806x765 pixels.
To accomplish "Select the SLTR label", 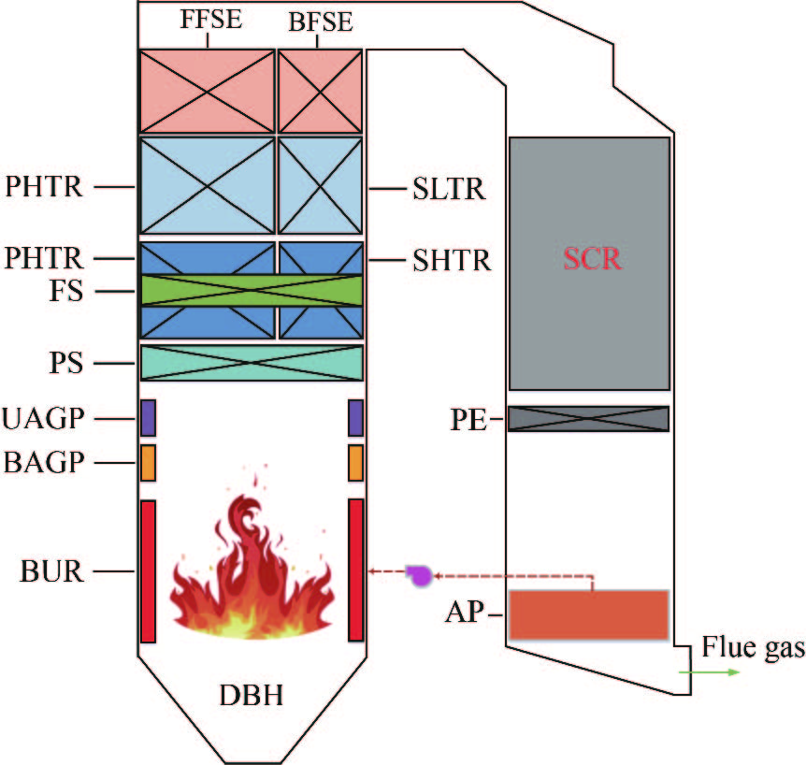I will coord(449,190).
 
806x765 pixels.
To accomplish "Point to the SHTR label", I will coord(451,259).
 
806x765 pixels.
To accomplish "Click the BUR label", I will coord(51,570).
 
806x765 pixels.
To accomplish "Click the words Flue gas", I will coord(753,646).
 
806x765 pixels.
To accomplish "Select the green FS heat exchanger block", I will coord(252,290).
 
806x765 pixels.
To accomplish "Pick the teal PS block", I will coord(252,362).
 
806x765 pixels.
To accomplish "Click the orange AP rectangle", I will coord(588,614).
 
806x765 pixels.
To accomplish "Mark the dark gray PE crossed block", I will coord(588,418).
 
